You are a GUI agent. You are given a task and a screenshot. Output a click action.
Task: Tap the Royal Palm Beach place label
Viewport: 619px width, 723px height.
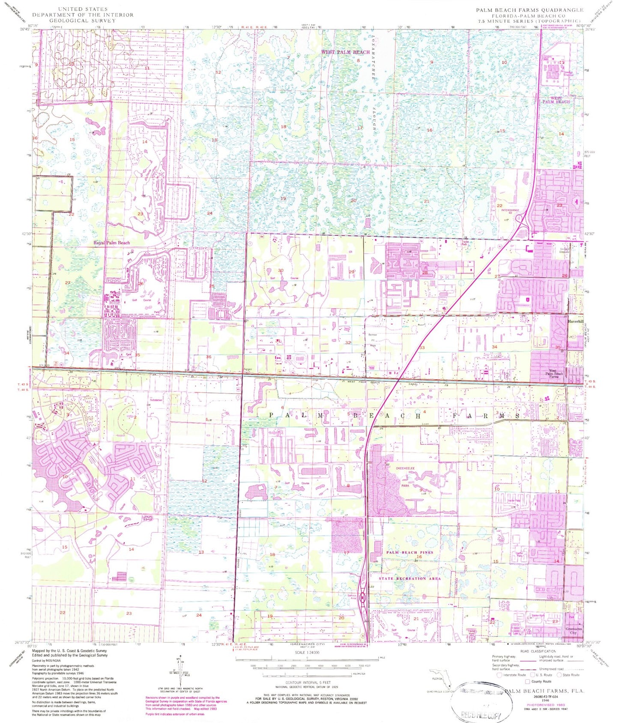pyautogui.click(x=111, y=243)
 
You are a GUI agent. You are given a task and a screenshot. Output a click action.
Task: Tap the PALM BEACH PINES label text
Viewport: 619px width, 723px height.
pyautogui.click(x=410, y=552)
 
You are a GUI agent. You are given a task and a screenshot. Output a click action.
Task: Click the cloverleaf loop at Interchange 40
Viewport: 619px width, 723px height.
pyautogui.click(x=520, y=220)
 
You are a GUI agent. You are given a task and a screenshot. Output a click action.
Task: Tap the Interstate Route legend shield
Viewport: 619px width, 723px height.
pyautogui.click(x=499, y=675)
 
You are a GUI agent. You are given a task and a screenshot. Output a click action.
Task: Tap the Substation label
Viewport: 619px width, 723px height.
pyautogui.click(x=156, y=400)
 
